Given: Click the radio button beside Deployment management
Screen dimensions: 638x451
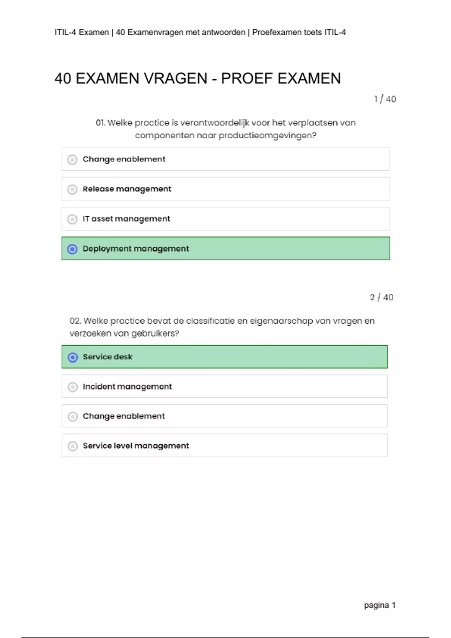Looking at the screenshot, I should point(72,249).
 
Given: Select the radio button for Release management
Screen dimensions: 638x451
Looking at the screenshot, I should point(72,189).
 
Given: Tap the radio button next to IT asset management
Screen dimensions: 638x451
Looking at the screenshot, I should point(72,219).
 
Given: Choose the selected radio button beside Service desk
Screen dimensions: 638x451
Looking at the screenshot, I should point(73,357).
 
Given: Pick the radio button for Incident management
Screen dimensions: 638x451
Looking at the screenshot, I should point(73,387).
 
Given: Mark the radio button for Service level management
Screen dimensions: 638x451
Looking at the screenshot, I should point(73,446).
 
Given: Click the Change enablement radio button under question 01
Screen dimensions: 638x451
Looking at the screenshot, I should point(72,159).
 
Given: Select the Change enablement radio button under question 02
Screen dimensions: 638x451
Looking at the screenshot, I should point(73,417).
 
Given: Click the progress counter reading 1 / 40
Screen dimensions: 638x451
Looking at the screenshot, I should point(385,99).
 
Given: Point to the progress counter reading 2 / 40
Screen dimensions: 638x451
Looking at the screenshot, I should point(381,297).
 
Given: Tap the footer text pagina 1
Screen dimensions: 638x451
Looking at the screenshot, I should point(380,605).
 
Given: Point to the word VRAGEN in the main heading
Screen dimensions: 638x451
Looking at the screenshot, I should point(176,78).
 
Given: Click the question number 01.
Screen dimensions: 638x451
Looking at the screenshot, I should point(100,123).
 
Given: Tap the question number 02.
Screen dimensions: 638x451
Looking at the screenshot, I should point(75,321).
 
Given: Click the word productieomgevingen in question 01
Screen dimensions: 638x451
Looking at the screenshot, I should point(267,135).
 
